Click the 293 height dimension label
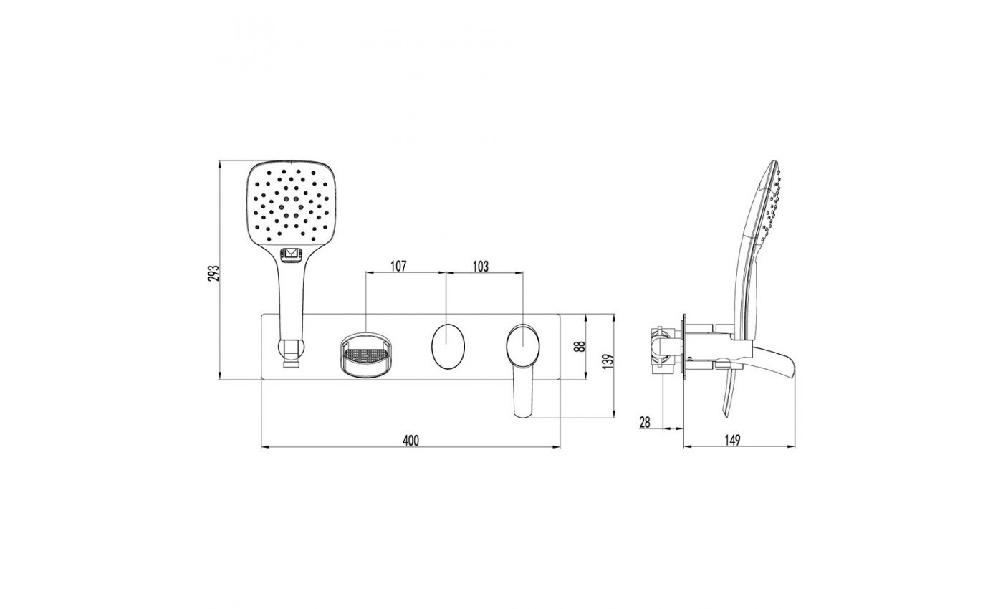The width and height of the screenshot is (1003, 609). tap(215, 273)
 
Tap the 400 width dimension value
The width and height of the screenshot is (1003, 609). tap(411, 441)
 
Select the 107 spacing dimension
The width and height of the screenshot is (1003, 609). tap(398, 266)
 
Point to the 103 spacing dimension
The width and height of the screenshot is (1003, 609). tap(480, 266)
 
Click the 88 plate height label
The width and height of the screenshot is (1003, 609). tap(580, 347)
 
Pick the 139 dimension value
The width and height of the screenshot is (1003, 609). tap(608, 361)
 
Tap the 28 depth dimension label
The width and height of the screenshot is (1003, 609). tap(644, 422)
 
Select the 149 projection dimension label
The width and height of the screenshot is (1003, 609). tap(731, 441)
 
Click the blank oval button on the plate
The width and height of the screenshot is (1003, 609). tap(448, 346)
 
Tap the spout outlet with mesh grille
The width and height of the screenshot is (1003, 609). tap(367, 356)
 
